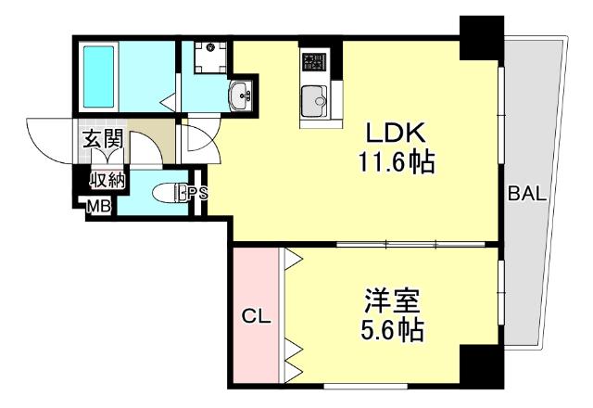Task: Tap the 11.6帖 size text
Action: pos(397,164)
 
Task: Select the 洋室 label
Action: pos(390,300)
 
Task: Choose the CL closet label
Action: pos(255,317)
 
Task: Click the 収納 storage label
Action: pos(107,180)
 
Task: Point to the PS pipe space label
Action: pos(197,194)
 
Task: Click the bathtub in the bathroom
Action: pos(109,74)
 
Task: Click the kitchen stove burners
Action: pos(313,63)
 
